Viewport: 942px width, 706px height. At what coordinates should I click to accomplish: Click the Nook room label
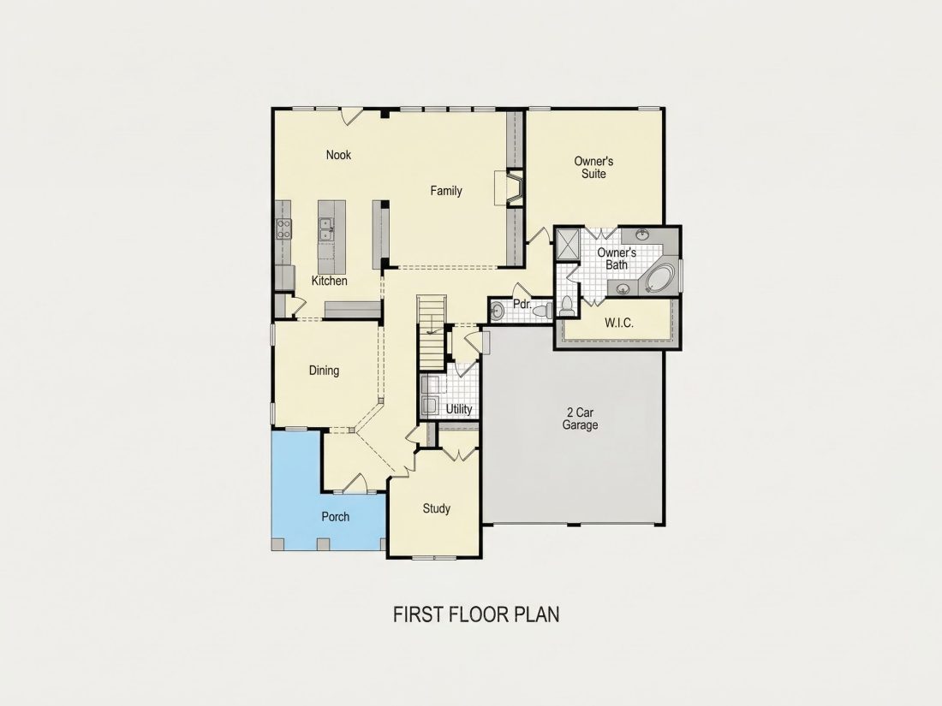[338, 155]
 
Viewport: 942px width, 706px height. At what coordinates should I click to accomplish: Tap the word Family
[446, 191]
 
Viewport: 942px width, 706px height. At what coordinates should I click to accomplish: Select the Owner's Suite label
[593, 168]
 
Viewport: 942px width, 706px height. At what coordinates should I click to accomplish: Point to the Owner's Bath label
[617, 258]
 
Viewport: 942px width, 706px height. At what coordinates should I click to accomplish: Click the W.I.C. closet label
[619, 323]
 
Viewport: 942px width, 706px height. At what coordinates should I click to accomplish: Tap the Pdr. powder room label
[522, 305]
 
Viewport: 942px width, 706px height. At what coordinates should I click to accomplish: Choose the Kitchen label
[329, 281]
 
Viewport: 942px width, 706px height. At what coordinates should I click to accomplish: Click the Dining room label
[324, 371]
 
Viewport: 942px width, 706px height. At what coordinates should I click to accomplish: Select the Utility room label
[458, 409]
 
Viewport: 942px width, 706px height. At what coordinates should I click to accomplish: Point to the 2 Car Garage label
[580, 419]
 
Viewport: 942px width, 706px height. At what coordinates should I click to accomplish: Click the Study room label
[436, 509]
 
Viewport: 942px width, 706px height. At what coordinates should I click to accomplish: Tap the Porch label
[335, 517]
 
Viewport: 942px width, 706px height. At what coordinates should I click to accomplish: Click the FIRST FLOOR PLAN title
[476, 614]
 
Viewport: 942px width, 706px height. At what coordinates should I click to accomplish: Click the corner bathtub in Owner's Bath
[659, 278]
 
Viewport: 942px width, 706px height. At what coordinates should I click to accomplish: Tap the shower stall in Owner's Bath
[568, 244]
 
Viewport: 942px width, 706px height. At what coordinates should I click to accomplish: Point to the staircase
[432, 333]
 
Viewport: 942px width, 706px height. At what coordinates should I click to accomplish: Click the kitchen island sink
[326, 228]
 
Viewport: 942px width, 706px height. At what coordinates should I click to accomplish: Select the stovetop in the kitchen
[283, 228]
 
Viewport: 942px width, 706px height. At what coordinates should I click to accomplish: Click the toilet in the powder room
[543, 311]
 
